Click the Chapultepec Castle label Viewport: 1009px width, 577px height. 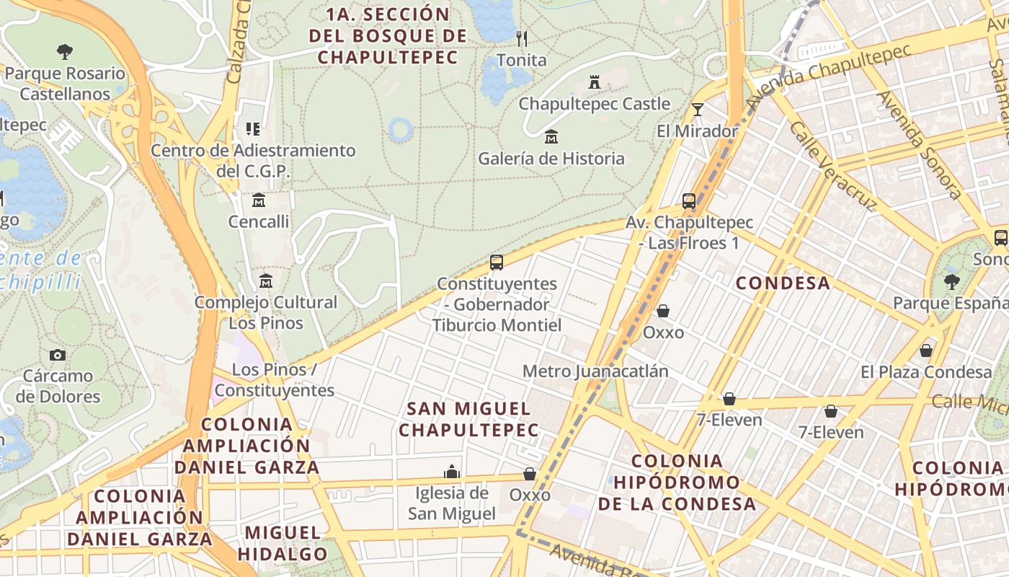click(x=595, y=104)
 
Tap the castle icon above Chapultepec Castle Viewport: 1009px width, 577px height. click(x=595, y=82)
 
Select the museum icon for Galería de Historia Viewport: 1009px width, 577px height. click(x=551, y=136)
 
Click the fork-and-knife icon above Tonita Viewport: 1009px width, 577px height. click(x=522, y=38)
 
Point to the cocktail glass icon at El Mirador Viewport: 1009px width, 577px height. click(x=697, y=110)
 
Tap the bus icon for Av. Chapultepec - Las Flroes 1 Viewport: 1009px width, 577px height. click(x=689, y=201)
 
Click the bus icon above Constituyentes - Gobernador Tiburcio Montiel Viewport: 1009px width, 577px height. click(x=497, y=262)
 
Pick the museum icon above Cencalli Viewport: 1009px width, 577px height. click(x=259, y=200)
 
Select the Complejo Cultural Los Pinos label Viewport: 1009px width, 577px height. click(x=266, y=312)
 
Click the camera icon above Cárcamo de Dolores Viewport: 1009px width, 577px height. click(x=58, y=355)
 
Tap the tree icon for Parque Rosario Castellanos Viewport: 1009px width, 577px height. click(x=65, y=51)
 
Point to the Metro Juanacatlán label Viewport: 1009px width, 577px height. click(x=595, y=371)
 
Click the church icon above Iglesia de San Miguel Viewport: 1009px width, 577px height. click(x=452, y=472)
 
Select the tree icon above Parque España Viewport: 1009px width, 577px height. click(x=952, y=281)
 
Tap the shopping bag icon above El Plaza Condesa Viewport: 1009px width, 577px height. click(x=926, y=351)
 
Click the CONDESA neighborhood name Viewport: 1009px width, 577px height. click(x=783, y=283)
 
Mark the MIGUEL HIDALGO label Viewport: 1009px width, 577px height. click(x=283, y=543)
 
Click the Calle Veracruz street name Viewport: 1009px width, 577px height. click(x=832, y=166)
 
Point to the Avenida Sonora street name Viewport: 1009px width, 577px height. click(x=919, y=144)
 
